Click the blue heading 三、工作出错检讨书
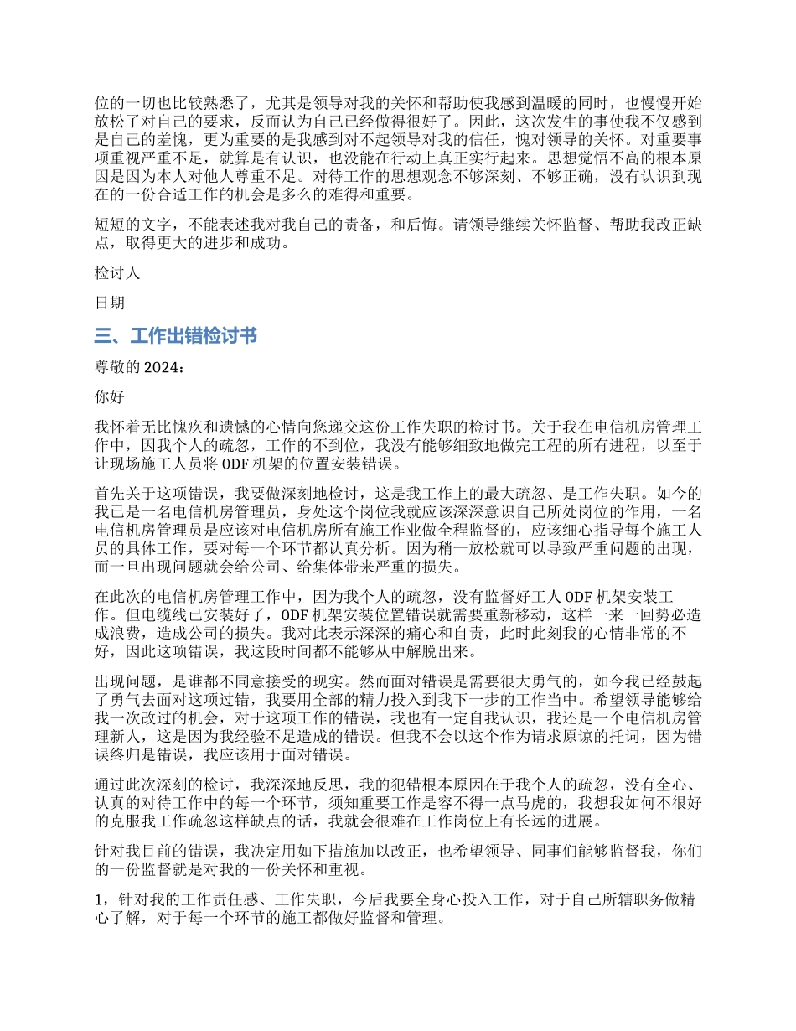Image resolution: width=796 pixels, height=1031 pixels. click(175, 336)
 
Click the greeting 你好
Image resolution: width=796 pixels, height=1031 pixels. click(109, 398)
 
